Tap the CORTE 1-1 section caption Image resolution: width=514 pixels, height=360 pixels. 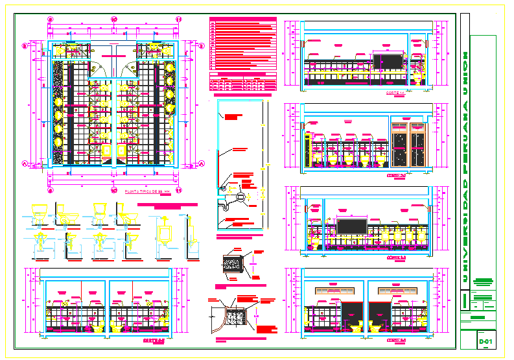point(395,94)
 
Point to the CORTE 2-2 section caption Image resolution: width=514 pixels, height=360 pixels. point(395,175)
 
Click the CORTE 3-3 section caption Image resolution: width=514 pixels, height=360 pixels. point(395,258)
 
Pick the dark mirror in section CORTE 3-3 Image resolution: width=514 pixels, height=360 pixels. point(352,228)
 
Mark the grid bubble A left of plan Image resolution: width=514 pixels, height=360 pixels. point(26,165)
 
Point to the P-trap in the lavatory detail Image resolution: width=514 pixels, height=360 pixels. point(225,204)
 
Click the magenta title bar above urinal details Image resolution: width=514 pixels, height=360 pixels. point(171,205)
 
